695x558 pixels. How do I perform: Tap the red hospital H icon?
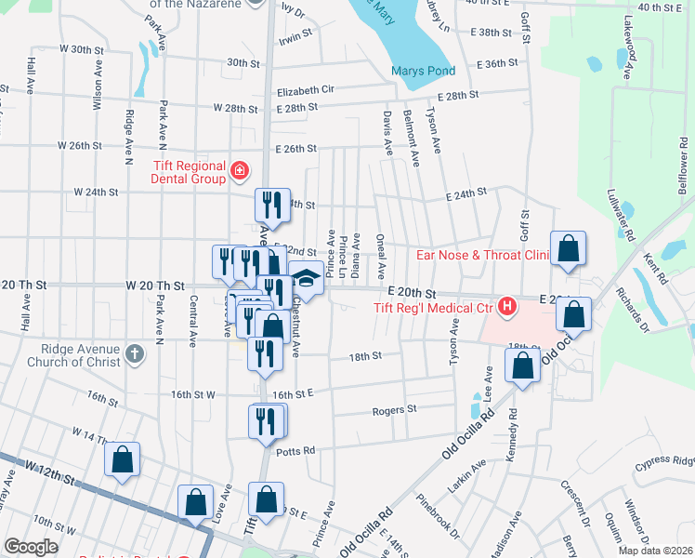click(506, 306)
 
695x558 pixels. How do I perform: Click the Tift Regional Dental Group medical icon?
click(240, 170)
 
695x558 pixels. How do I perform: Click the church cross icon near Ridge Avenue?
click(135, 353)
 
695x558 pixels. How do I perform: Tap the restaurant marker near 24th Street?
click(268, 205)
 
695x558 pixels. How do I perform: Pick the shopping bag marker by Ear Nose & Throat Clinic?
click(568, 248)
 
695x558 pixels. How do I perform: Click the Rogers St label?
click(395, 409)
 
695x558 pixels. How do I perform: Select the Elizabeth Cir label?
click(305, 91)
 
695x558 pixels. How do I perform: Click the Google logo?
click(31, 547)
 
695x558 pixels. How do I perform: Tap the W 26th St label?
click(87, 146)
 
